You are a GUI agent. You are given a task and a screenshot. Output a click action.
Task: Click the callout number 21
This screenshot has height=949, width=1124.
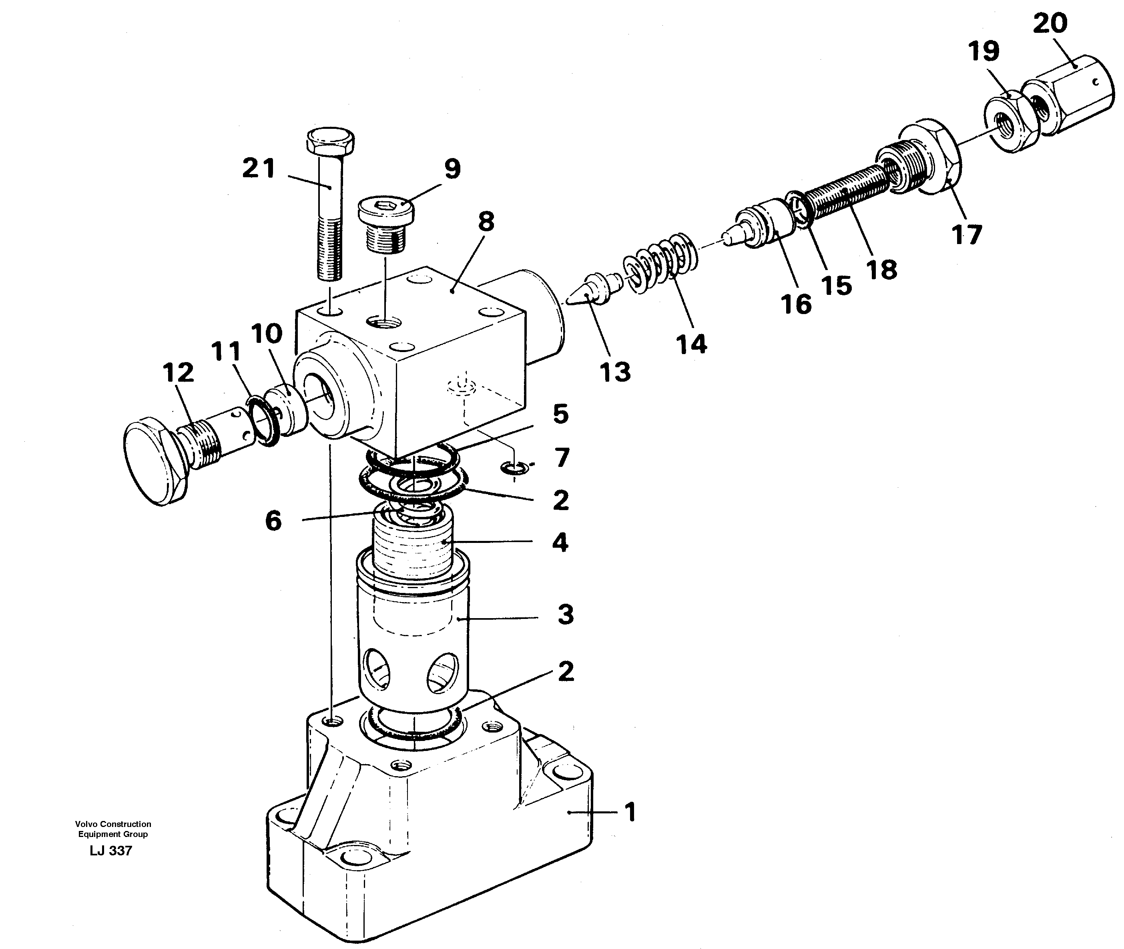point(259,168)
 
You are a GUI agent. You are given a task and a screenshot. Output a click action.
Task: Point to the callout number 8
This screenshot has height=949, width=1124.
point(486,221)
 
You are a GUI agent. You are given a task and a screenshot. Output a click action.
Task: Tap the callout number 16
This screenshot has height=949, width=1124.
point(796,304)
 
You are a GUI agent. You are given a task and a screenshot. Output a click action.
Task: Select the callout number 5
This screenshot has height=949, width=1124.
point(560,414)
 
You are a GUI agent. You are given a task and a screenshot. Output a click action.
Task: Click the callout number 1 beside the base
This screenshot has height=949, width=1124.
point(630,812)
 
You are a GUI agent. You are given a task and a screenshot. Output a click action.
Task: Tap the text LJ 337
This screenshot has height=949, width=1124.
point(111,851)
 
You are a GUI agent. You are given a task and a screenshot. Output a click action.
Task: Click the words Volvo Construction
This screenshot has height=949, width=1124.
point(113,824)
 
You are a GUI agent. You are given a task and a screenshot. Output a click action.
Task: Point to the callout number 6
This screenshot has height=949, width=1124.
point(273,521)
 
